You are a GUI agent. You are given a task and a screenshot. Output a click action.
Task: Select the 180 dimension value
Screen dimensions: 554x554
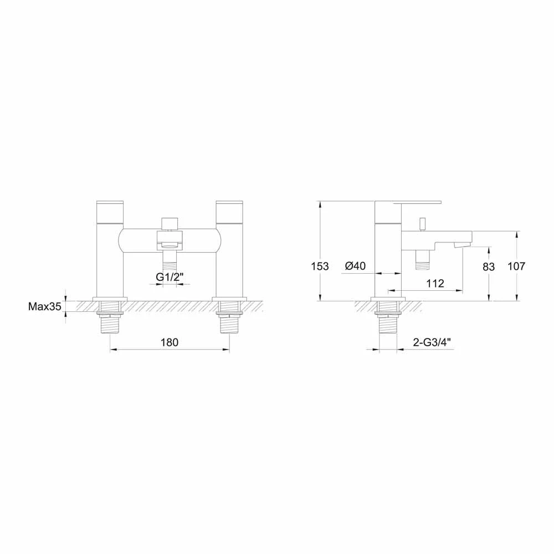click(x=170, y=342)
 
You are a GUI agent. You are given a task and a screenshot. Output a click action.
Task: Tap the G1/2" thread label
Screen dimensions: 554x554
click(x=170, y=276)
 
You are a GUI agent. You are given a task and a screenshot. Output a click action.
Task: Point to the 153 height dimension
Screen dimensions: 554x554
click(x=320, y=266)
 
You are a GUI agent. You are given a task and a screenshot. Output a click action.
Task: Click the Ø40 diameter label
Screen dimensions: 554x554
click(x=355, y=266)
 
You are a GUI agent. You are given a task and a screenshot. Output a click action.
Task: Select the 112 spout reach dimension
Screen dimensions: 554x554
click(x=435, y=284)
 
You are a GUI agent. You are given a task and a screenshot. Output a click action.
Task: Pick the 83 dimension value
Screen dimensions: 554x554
click(x=488, y=266)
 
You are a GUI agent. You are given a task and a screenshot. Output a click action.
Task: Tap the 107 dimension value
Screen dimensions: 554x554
click(x=517, y=266)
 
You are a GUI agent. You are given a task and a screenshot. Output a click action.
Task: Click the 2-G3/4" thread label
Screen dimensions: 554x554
click(x=433, y=342)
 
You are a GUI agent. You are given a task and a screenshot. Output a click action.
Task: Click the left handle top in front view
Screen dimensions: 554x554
click(x=110, y=211)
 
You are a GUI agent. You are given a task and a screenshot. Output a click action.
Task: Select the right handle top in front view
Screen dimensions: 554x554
click(x=229, y=211)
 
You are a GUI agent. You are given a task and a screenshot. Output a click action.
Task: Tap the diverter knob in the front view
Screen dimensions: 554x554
click(x=170, y=223)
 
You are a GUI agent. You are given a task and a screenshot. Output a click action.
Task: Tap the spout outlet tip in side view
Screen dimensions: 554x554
click(x=461, y=244)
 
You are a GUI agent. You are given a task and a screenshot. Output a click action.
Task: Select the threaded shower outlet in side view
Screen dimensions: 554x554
click(x=423, y=260)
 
